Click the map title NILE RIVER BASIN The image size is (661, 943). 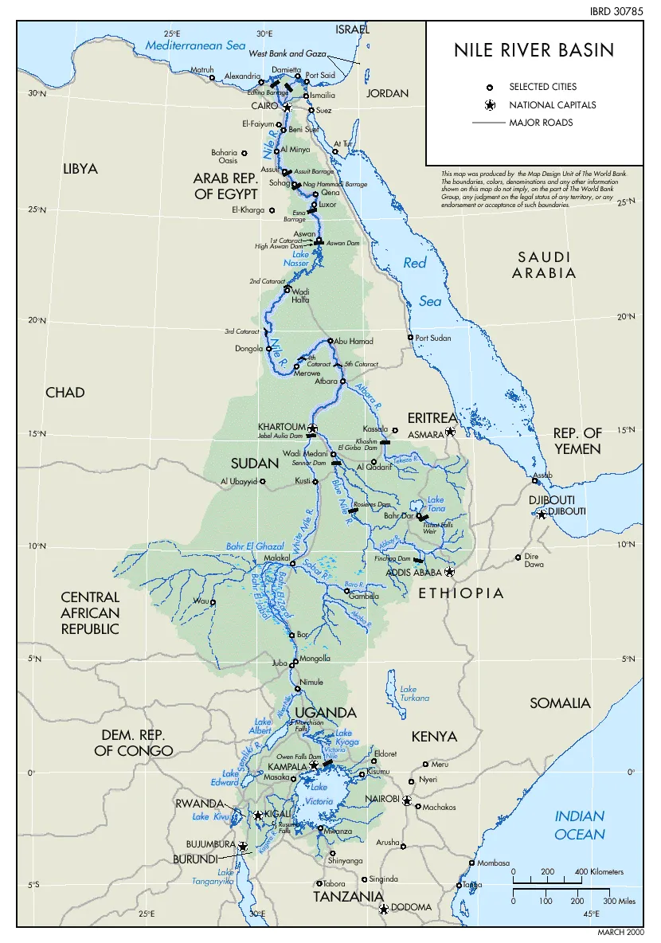534,51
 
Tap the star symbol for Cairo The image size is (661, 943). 287,107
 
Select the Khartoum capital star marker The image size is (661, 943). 312,428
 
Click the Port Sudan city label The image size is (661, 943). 433,338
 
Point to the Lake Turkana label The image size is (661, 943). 414,694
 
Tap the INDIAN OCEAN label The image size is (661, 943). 580,825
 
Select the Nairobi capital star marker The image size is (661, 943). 407,800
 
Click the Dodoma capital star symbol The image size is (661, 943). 383,908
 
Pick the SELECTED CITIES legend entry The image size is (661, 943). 543,87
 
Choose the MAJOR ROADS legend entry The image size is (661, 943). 541,123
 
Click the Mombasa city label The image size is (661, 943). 493,863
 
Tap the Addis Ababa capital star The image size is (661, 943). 449,572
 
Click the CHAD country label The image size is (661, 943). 65,393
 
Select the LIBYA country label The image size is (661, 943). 80,169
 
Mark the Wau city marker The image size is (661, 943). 213,602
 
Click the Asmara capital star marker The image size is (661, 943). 450,432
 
